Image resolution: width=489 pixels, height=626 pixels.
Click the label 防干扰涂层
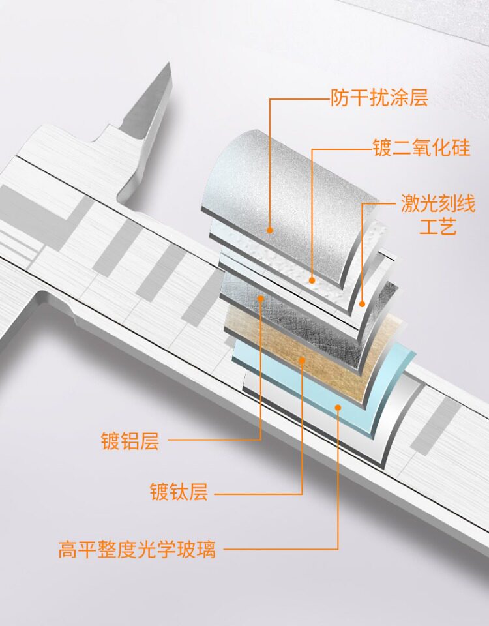379,98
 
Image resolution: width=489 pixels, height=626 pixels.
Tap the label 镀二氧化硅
422,147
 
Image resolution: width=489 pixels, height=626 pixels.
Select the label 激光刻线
438,204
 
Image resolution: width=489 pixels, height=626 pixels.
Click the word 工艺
438,227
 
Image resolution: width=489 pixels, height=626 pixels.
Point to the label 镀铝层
130,441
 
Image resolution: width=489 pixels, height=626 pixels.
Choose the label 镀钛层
179,492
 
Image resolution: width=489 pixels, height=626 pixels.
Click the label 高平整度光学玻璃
137,549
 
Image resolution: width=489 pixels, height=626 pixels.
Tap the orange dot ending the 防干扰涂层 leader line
270,230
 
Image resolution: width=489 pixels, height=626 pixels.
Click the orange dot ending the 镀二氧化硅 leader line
312,280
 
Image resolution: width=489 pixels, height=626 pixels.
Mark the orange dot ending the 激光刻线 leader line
362,304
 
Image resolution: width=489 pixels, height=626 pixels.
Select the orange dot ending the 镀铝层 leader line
261,297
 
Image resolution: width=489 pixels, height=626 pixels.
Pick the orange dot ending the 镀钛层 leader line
302,361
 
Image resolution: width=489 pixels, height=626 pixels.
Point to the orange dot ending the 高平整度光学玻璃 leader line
338,407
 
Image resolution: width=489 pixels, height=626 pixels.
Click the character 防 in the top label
340,98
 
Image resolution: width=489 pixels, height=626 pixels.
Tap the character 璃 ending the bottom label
206,549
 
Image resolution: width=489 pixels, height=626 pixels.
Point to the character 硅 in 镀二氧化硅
461,147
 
